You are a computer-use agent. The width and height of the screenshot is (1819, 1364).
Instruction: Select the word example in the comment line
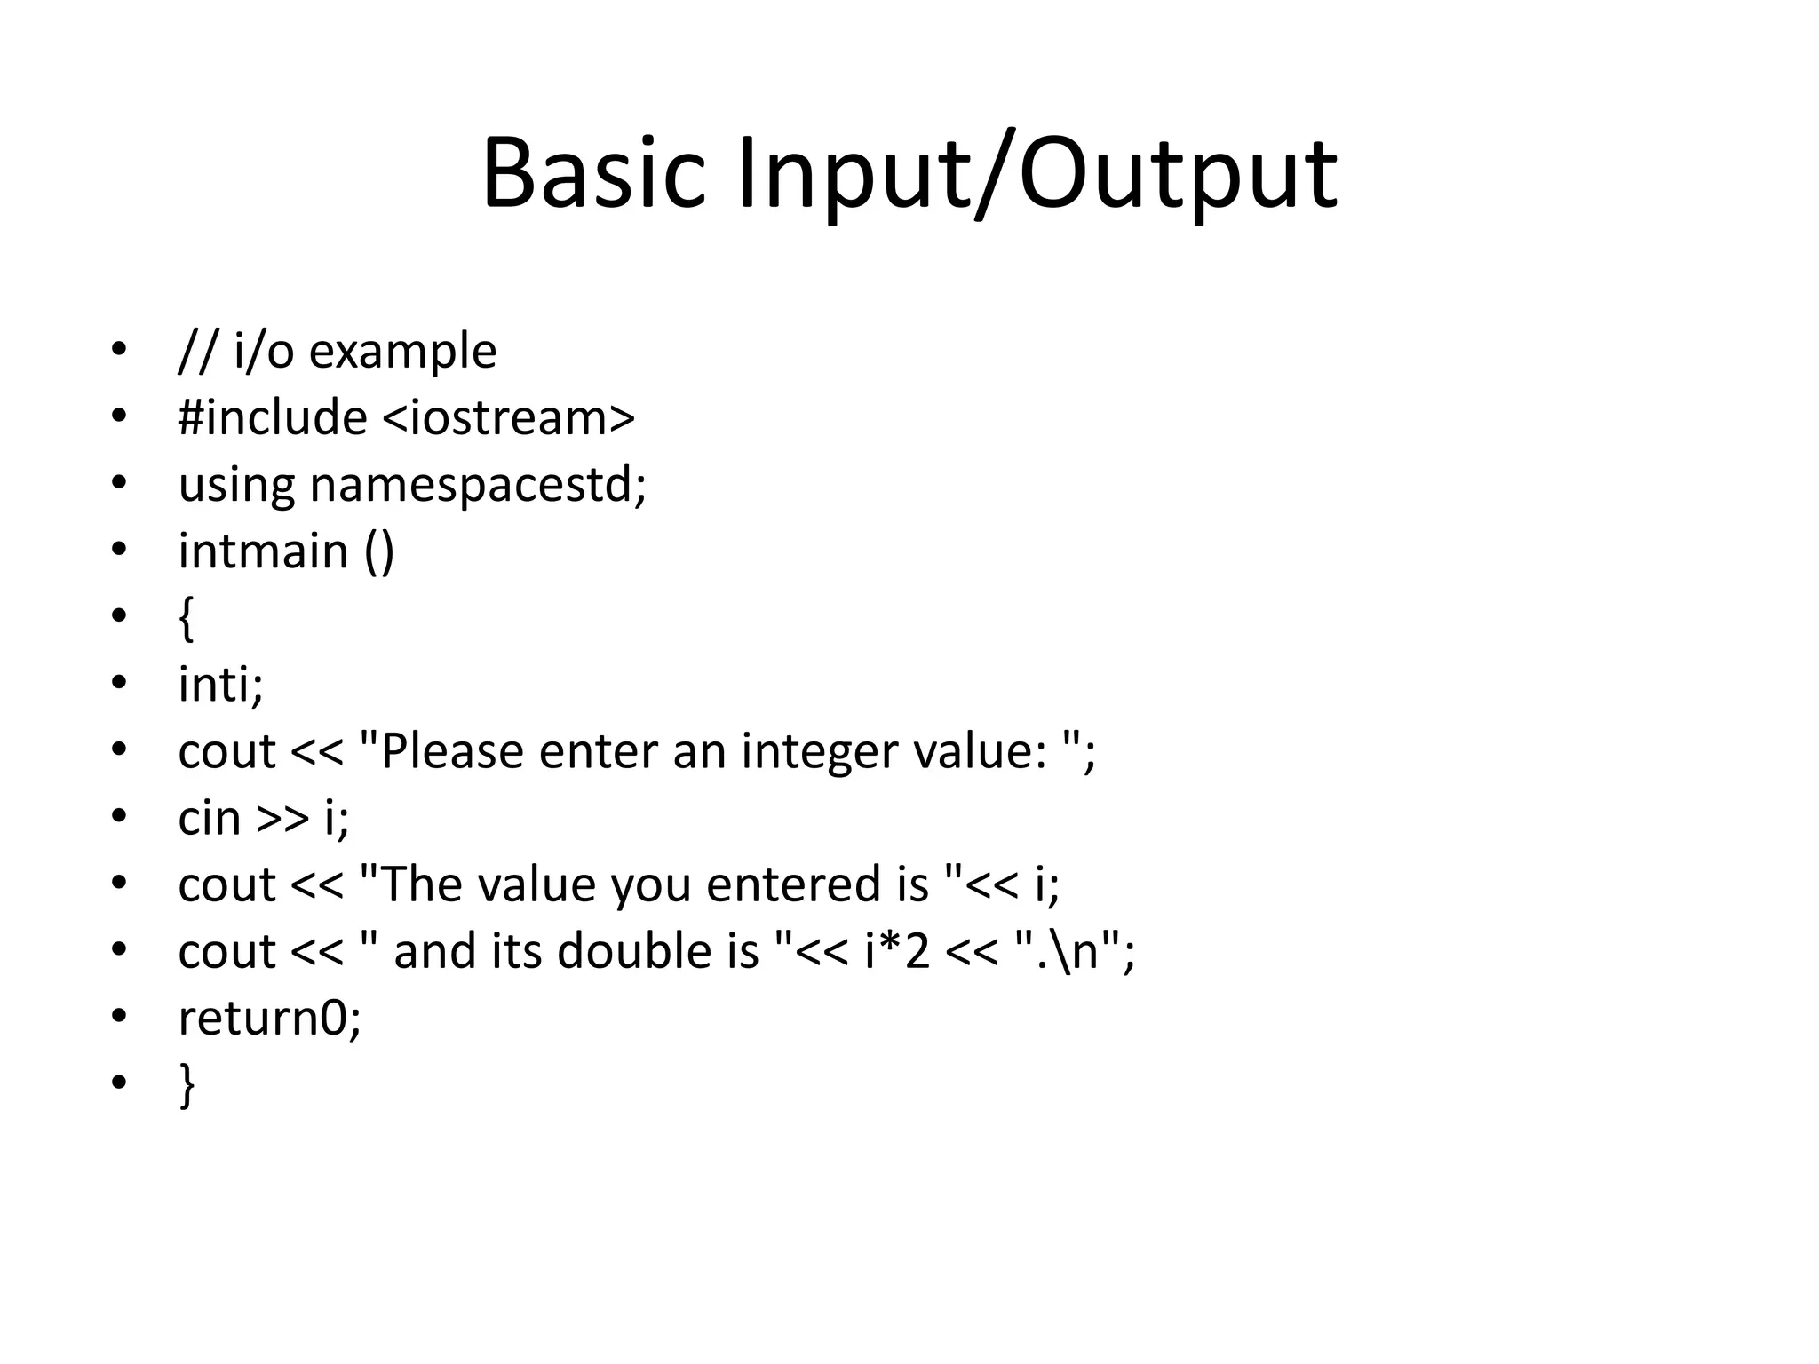coord(402,351)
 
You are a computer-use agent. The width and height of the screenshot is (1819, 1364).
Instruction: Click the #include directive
coord(273,417)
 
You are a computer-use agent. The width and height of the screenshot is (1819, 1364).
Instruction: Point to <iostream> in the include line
coord(509,417)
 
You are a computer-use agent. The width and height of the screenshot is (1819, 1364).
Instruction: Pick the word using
coord(236,486)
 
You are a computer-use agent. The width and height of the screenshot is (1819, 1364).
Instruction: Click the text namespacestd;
coord(478,486)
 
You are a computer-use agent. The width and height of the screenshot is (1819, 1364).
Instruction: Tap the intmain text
coord(263,551)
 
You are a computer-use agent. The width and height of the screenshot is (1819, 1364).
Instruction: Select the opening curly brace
coord(186,618)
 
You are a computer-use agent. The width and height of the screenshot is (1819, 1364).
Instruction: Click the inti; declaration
coord(220,685)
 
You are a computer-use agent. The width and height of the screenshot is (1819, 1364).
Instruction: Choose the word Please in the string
coord(452,751)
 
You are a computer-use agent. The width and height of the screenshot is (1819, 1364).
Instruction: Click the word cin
coord(209,818)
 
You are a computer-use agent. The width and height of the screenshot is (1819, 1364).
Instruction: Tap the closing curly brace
coord(187,1084)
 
